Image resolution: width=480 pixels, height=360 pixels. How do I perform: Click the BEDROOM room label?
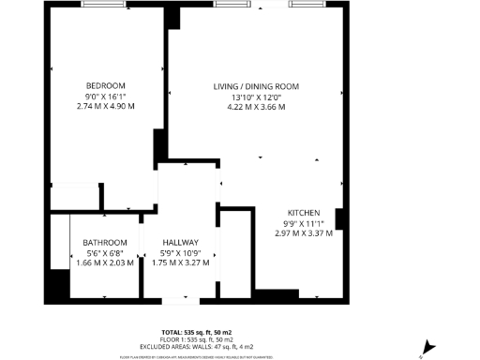click(x=105, y=84)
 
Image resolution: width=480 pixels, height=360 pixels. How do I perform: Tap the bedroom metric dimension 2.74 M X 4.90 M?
click(x=105, y=106)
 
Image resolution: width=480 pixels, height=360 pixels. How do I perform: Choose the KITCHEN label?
click(x=304, y=213)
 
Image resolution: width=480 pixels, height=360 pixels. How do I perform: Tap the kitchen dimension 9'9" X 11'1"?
click(x=304, y=223)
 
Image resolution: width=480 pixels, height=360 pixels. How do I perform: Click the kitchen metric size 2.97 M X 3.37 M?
click(x=304, y=233)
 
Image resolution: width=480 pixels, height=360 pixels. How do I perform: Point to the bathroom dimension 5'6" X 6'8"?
click(x=105, y=253)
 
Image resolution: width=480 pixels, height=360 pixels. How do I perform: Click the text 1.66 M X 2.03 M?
click(x=105, y=263)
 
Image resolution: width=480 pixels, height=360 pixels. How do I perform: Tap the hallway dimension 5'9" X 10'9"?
click(x=177, y=253)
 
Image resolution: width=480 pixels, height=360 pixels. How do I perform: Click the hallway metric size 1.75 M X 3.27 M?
click(x=177, y=263)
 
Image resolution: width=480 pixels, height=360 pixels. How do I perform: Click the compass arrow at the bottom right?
click(x=428, y=346)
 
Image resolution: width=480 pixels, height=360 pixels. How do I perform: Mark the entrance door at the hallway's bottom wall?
click(x=178, y=301)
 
